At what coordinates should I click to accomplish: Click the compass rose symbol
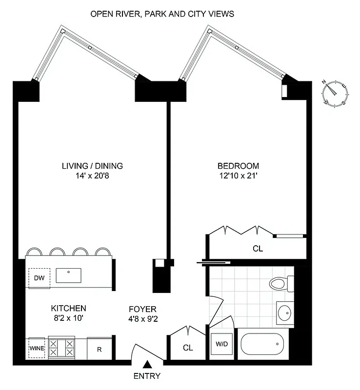[x=335, y=93]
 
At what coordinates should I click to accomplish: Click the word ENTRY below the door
[x=146, y=376]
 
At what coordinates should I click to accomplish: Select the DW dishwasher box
[x=39, y=278]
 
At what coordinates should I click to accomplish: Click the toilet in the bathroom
[x=280, y=283]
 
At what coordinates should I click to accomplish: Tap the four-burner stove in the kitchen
[x=62, y=348]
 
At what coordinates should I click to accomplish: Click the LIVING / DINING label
[x=92, y=166]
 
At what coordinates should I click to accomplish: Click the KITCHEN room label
[x=69, y=308]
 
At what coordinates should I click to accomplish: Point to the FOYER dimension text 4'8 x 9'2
[x=142, y=320]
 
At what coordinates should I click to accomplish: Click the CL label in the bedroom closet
[x=258, y=249]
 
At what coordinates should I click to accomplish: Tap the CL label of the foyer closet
[x=188, y=348]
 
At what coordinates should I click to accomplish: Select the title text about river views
[x=162, y=14]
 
